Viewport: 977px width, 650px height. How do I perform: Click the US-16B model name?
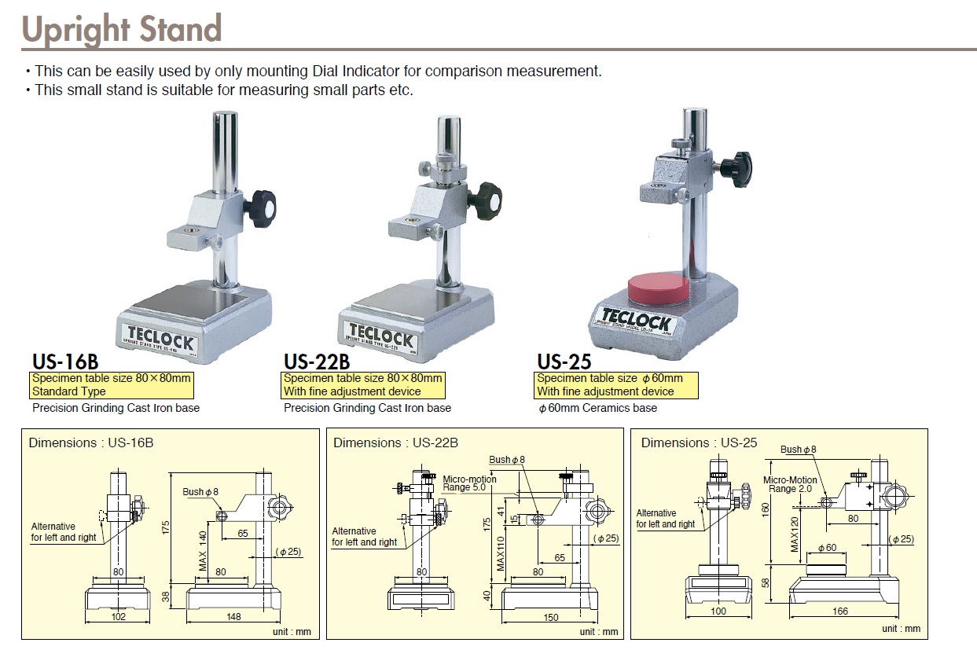pyautogui.click(x=65, y=362)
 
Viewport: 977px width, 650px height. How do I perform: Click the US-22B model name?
pyautogui.click(x=316, y=362)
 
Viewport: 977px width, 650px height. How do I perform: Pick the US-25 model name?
pyautogui.click(x=564, y=362)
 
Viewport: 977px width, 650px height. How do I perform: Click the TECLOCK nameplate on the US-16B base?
pyautogui.click(x=160, y=328)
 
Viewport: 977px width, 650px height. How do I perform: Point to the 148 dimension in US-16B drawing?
pyautogui.click(x=233, y=617)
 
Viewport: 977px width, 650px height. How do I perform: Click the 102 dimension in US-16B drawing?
pyautogui.click(x=118, y=617)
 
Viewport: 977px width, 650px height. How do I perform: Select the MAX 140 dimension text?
pyautogui.click(x=202, y=550)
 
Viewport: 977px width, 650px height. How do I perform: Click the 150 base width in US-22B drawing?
pyautogui.click(x=551, y=618)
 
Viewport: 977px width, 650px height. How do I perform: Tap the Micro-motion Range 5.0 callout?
pyautogui.click(x=469, y=483)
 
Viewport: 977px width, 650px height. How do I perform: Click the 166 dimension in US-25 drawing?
pyautogui.click(x=840, y=611)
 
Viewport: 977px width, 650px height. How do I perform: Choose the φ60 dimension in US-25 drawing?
pyautogui.click(x=826, y=548)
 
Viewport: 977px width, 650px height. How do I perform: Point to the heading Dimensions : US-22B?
pyautogui.click(x=395, y=443)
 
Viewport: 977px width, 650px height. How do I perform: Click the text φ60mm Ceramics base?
pyautogui.click(x=597, y=408)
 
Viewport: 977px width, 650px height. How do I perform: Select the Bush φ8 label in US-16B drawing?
pyautogui.click(x=200, y=492)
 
